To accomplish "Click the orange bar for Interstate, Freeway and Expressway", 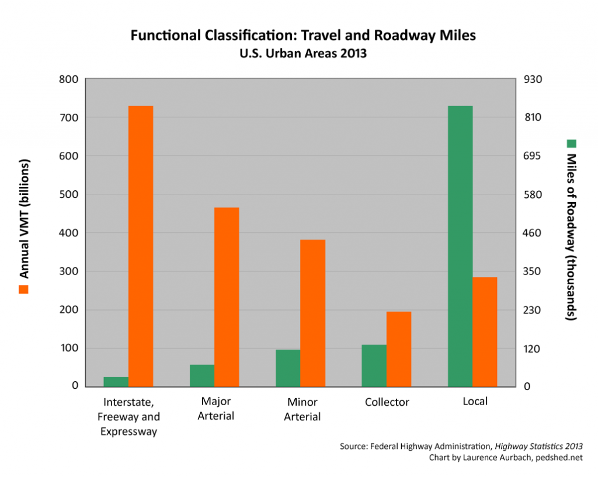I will pos(141,246).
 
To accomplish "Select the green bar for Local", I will pos(460,246).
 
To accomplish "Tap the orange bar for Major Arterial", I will pos(227,297).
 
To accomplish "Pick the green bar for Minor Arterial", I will pos(288,368).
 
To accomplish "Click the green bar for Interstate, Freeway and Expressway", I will pos(116,381).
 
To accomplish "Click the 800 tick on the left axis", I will pos(69,79).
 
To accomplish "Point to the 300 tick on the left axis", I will pos(69,271).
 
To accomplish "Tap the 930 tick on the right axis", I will pos(535,79).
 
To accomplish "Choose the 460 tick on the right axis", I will pos(535,233).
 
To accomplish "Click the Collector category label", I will pos(387,402).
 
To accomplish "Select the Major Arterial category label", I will pos(215,409).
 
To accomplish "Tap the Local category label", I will pos(475,402).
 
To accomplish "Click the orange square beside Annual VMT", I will pos(25,289).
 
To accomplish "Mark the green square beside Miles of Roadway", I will pos(572,143).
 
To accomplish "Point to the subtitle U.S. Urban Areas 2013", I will pos(303,54).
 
